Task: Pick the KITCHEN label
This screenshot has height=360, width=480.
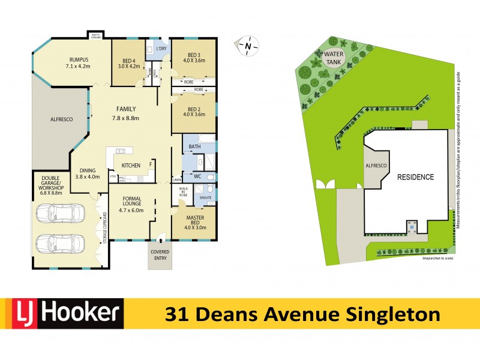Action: (x=131, y=166)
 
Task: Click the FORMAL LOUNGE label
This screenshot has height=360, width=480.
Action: (x=131, y=202)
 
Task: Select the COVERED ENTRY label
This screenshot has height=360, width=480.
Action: (x=160, y=255)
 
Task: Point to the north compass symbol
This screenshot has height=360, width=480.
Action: (x=247, y=46)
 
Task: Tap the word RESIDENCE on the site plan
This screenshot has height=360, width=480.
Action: (x=415, y=177)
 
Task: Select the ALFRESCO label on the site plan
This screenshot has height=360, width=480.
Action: (x=376, y=165)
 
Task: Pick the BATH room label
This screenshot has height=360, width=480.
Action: (x=194, y=147)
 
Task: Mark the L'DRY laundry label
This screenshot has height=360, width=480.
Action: (x=161, y=49)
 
